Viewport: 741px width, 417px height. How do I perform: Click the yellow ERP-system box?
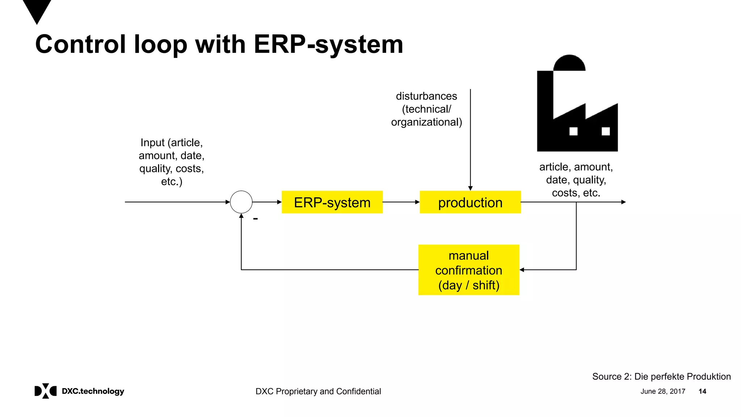coord(332,202)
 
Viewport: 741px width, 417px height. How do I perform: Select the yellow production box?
coord(470,202)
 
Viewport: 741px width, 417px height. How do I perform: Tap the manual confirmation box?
coord(469,270)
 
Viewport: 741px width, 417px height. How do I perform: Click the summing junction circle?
coord(241,202)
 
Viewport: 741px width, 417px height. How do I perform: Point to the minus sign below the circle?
coord(255,219)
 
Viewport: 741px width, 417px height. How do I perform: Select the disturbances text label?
coord(426,109)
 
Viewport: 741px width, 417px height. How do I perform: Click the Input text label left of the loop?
coord(172,162)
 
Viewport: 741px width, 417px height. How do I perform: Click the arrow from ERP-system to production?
coord(401,202)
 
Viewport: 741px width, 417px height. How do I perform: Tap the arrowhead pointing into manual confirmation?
coord(522,270)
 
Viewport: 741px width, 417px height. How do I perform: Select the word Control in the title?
coord(80,44)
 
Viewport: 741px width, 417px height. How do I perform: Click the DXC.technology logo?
coord(79,391)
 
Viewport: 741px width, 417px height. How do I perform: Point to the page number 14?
coord(702,391)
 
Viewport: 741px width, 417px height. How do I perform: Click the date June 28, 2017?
coord(662,391)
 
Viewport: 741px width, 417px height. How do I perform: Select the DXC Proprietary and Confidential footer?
coord(318,391)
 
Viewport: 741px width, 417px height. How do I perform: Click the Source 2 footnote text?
coord(661,376)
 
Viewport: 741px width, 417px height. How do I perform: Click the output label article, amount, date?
coord(576,180)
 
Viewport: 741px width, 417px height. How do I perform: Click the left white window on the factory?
coord(573,131)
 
